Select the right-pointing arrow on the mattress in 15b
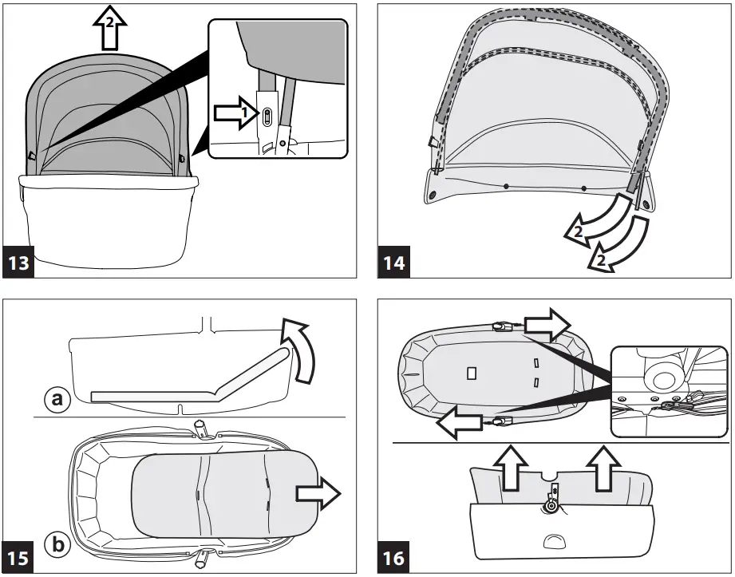[316, 494]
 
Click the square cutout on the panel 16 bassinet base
[471, 372]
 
